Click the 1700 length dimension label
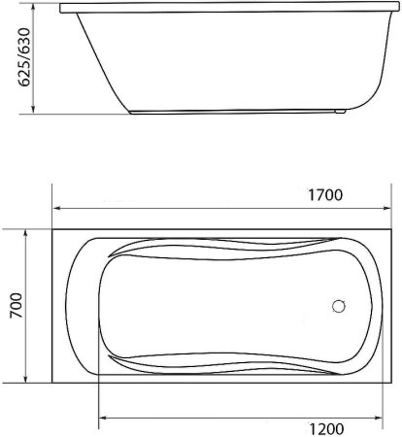[325, 194]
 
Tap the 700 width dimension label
[15, 306]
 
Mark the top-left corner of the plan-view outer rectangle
[52, 230]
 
